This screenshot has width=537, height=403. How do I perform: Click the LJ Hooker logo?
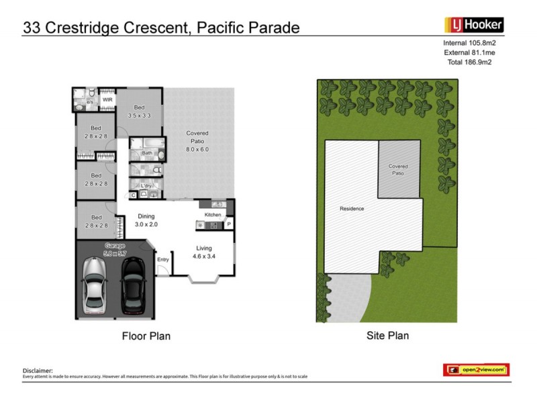tap(474, 26)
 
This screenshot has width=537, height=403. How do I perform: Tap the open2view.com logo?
tap(476, 369)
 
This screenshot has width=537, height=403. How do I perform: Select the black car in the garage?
tap(132, 284)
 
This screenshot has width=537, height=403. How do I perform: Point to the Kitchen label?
tap(213, 214)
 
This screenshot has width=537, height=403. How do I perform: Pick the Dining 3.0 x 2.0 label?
tap(146, 220)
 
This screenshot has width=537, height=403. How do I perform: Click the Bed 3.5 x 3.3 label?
tap(140, 111)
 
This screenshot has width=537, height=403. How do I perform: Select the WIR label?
tap(107, 100)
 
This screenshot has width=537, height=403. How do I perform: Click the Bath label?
tap(146, 153)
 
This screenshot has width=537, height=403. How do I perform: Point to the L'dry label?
tap(146, 185)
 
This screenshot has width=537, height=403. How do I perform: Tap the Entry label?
tap(162, 260)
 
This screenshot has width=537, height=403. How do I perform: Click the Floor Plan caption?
tap(146, 336)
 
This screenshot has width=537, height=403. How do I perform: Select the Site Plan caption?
tap(387, 335)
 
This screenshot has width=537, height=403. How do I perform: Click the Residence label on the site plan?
tap(352, 208)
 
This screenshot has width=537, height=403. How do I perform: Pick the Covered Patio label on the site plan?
tap(398, 169)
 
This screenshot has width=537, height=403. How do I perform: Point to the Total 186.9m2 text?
tap(475, 61)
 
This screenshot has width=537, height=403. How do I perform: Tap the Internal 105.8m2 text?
tap(474, 42)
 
